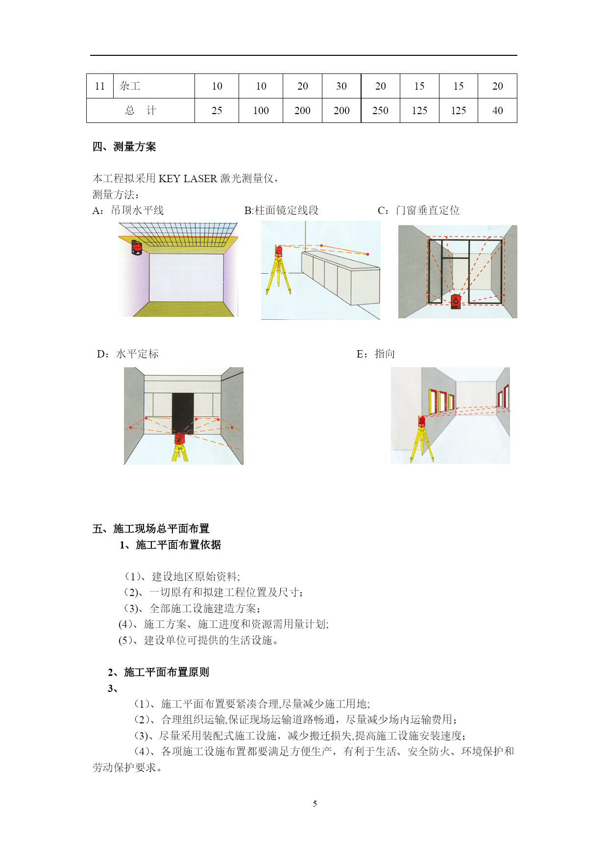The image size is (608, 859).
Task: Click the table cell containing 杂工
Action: pos(154,86)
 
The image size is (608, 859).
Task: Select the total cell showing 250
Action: pos(380,111)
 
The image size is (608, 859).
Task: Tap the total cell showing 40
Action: pos(497,111)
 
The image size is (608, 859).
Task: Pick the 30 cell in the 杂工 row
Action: pos(341,86)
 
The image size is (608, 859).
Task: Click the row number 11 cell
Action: pos(100,86)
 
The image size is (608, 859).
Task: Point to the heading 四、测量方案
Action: pos(124,147)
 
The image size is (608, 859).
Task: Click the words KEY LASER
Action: pos(188,179)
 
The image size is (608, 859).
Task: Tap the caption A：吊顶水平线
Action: pos(128,211)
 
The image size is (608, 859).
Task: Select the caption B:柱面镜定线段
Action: pos(282,211)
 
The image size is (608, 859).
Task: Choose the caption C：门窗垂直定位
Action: pos(419,211)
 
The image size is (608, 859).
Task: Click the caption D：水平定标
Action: pos(128,354)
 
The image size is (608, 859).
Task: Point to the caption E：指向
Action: pos(376,354)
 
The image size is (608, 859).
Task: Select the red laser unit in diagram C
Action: pos(456,301)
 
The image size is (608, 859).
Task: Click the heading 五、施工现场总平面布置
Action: pos(151,529)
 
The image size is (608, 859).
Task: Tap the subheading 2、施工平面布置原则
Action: pos(159,672)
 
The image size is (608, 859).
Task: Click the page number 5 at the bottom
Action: pos(315,804)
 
